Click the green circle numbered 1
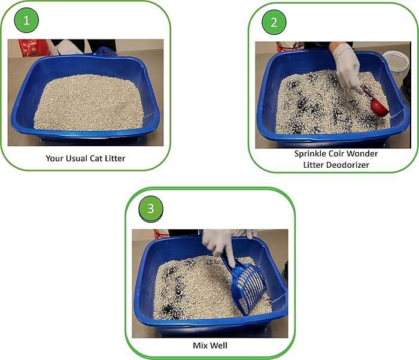coord(26,22)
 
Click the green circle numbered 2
coord(274,23)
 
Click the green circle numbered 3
coord(150,208)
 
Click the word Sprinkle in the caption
coord(310,153)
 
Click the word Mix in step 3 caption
coord(201,346)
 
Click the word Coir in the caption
coord(336,153)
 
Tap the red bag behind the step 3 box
coord(160,234)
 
